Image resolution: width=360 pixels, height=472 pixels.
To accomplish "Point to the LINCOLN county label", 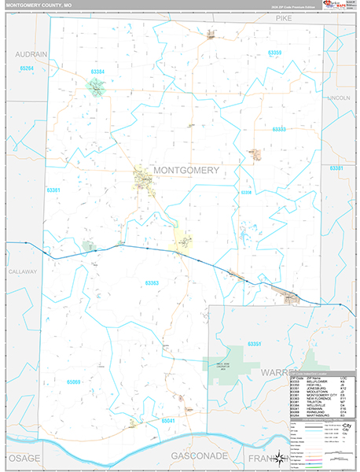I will point(339,98).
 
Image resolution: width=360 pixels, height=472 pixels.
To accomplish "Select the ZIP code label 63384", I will point(97,72).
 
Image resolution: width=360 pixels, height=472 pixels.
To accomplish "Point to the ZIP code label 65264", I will point(27,69).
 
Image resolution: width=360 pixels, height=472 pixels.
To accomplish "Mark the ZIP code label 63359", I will point(274,53).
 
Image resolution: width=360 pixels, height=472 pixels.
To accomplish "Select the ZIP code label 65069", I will point(74,382).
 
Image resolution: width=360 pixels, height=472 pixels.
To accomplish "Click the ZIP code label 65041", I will point(168,421).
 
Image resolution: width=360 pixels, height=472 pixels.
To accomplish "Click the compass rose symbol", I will point(277,459).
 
